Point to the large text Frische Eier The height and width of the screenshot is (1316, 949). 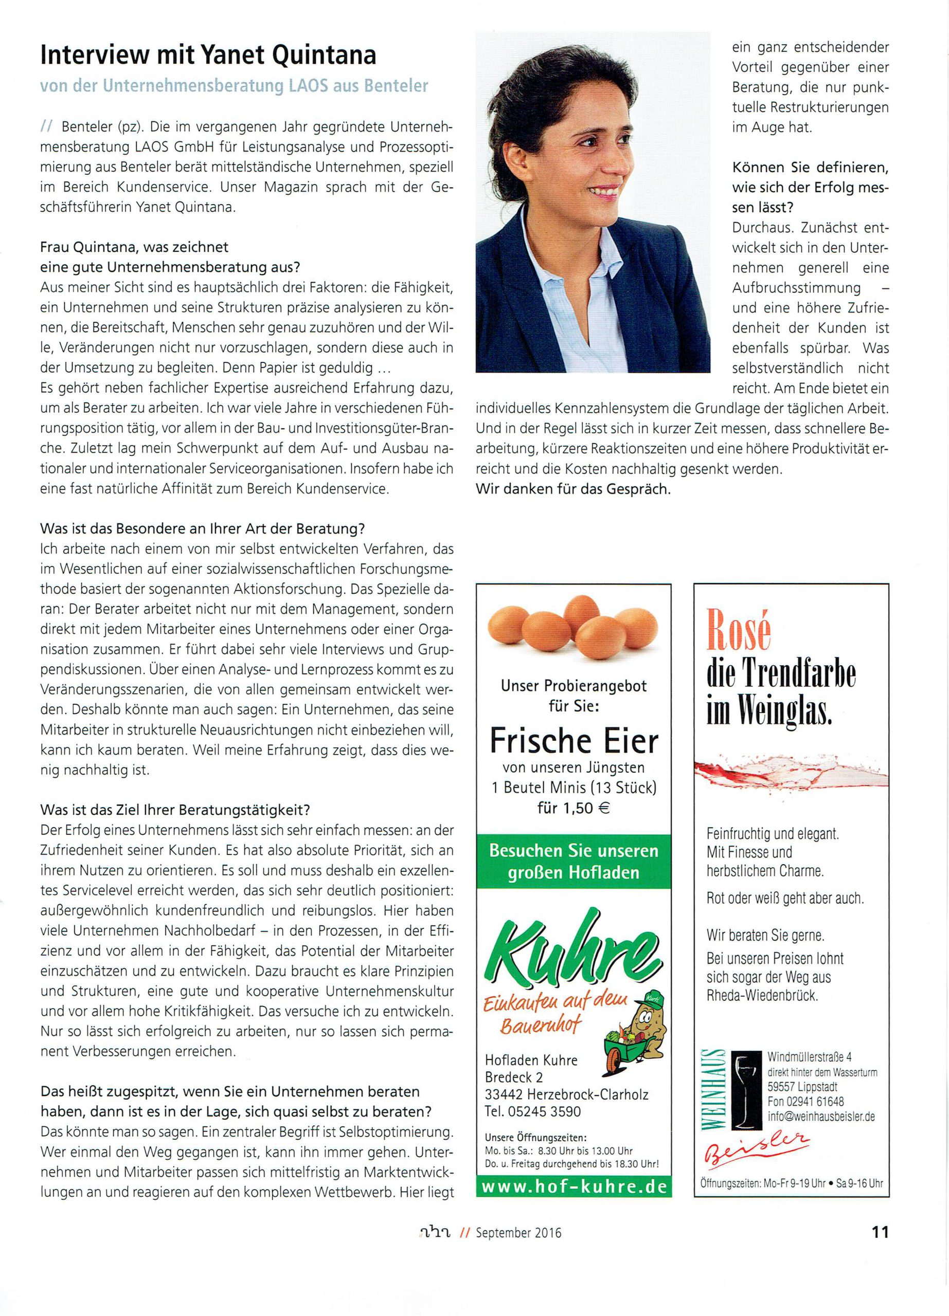tap(574, 740)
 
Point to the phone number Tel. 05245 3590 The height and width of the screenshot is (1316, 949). tap(532, 1111)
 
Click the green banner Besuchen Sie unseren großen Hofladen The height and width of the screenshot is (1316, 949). tap(574, 861)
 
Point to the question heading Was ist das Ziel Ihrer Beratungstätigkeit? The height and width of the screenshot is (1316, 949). tap(175, 810)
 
